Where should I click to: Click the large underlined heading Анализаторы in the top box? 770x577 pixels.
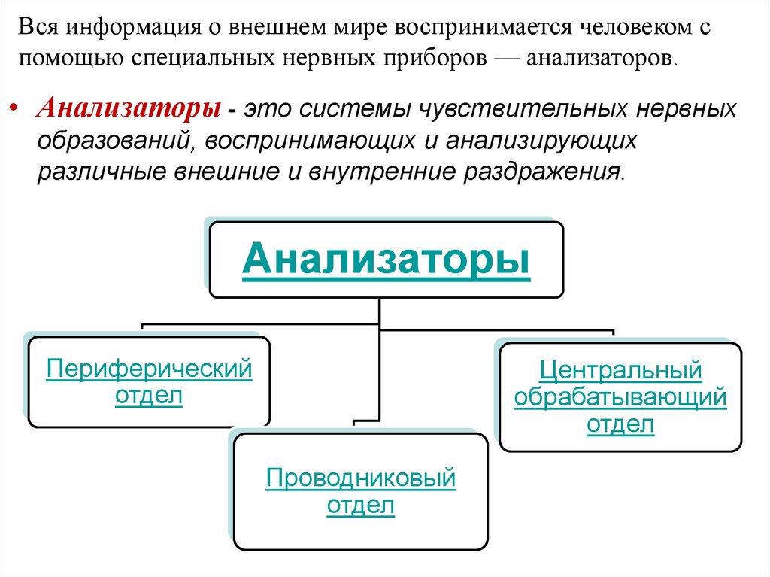click(386, 260)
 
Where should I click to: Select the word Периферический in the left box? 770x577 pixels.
click(149, 369)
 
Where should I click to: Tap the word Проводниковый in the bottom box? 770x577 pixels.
click(361, 478)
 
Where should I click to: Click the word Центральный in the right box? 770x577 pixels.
click(620, 369)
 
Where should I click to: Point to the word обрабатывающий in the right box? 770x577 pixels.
click(620, 396)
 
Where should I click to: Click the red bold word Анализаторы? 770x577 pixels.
click(129, 108)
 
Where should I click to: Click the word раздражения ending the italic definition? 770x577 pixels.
click(547, 172)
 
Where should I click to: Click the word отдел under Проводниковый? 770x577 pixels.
click(361, 505)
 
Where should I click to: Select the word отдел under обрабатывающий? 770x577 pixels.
click(620, 424)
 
